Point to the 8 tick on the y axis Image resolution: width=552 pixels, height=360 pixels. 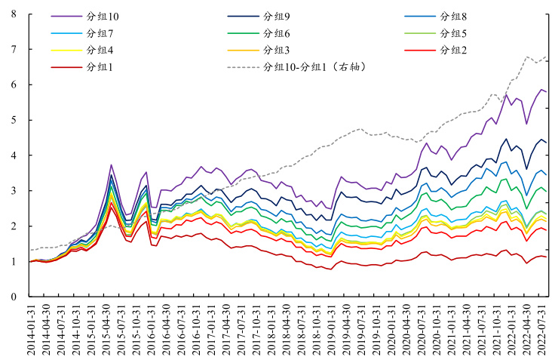coord(14,14)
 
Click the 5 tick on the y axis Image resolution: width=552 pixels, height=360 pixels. coord(14,120)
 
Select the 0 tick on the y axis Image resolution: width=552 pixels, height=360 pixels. coord(14,297)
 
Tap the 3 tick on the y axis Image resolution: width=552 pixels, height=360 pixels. coord(14,191)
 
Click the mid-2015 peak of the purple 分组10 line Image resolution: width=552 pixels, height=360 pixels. coord(111,165)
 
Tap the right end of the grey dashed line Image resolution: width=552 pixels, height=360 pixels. coord(547,57)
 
